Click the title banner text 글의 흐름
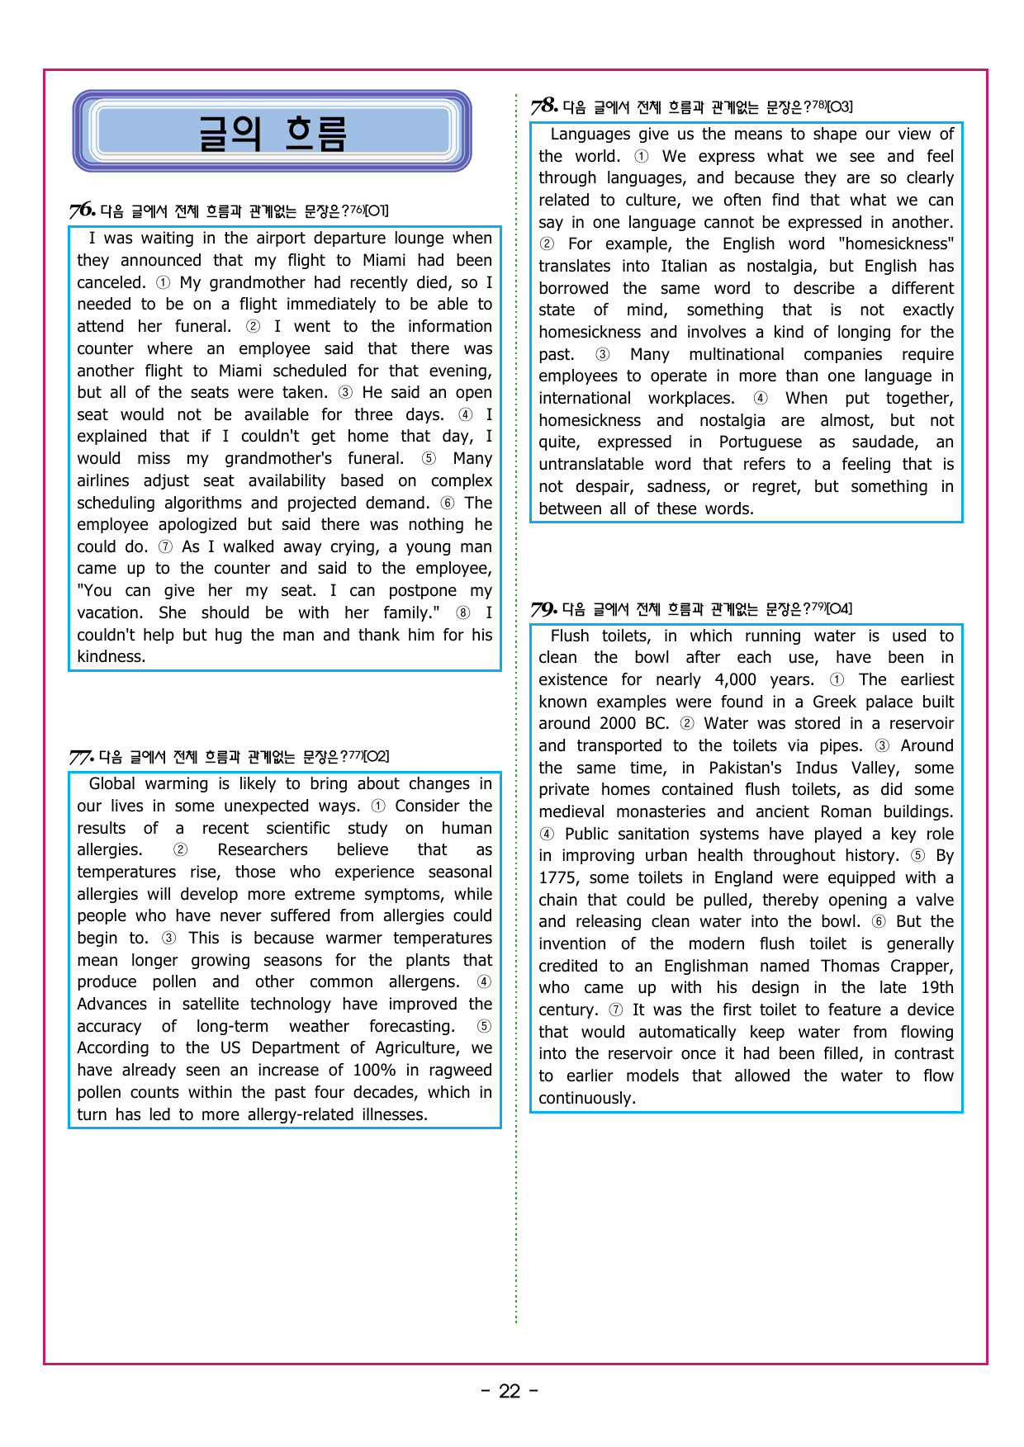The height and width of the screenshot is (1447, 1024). [x=272, y=133]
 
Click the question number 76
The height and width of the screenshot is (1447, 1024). [x=82, y=210]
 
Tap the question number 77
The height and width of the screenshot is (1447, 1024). [x=81, y=757]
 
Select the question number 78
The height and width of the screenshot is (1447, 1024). [x=543, y=106]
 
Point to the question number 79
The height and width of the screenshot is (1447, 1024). [x=543, y=609]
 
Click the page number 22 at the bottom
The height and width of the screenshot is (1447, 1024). [x=510, y=1392]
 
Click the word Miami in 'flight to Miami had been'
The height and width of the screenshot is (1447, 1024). [x=384, y=261]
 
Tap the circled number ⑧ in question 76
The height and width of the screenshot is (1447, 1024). [x=463, y=613]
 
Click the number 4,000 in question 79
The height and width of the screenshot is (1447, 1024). [x=735, y=680]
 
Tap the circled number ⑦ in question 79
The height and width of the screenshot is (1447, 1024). [x=616, y=1010]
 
